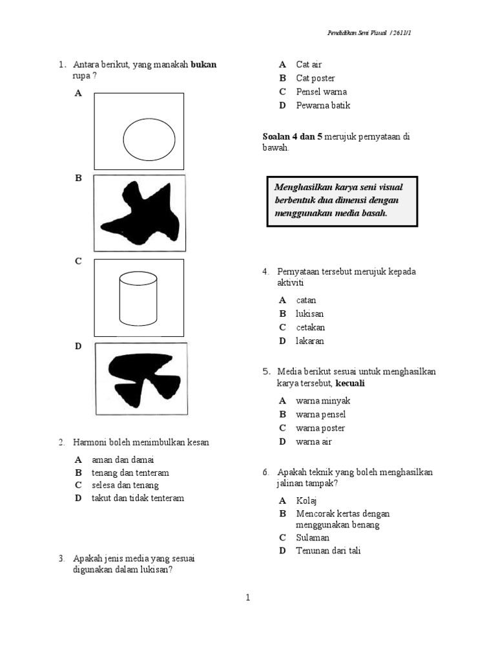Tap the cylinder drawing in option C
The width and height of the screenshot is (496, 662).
coord(138,299)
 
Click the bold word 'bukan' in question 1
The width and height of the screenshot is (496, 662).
coord(204,65)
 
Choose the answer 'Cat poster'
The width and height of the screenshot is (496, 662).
coord(315,78)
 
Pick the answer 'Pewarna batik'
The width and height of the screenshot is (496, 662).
coord(323,105)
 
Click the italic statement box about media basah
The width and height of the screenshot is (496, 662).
coord(342,201)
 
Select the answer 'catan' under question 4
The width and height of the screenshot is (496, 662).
coord(306,300)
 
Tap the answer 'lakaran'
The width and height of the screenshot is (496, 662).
coord(310,341)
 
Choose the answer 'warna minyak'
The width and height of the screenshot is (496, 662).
coord(323,401)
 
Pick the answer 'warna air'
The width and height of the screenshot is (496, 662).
coord(314,442)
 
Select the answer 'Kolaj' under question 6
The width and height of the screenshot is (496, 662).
coord(307,500)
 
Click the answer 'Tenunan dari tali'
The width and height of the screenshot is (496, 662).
coord(328,551)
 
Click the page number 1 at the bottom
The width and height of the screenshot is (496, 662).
coord(247,598)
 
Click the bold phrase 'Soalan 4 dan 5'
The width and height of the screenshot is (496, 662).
coord(292,136)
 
